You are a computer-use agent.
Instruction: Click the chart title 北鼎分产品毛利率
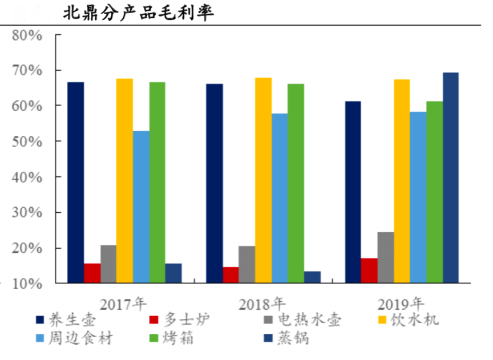pos(139,12)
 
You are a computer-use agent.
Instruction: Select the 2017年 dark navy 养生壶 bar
pos(76,183)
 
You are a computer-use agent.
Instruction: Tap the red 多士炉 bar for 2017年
pos(92,273)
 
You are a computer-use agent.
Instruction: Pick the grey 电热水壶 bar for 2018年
pos(247,265)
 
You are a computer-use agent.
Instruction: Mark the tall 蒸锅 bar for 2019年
pos(451,177)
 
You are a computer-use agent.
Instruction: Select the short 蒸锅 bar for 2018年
pos(312,277)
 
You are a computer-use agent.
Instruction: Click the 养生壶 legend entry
pos(74,319)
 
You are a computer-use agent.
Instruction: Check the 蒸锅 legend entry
pos(294,338)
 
